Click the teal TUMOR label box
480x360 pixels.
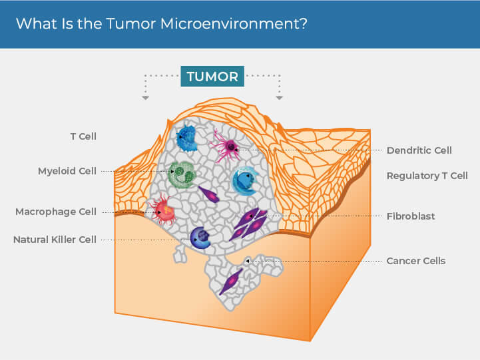pyautogui.click(x=212, y=76)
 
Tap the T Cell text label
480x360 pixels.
pyautogui.click(x=83, y=136)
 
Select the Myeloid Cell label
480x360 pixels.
pyautogui.click(x=67, y=171)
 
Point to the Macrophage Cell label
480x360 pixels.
pyautogui.click(x=56, y=212)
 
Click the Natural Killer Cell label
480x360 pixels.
pyautogui.click(x=55, y=239)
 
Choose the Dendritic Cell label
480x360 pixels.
pyautogui.click(x=419, y=150)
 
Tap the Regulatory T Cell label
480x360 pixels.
pyautogui.click(x=427, y=176)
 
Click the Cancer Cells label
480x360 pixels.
pyautogui.click(x=415, y=261)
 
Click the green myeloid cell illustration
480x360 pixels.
pyautogui.click(x=180, y=174)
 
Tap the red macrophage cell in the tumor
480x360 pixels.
pyautogui.click(x=164, y=211)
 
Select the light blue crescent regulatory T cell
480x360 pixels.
pyautogui.click(x=244, y=180)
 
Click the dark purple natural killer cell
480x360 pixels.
pyautogui.click(x=200, y=236)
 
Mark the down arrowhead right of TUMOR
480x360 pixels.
pyautogui.click(x=280, y=98)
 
